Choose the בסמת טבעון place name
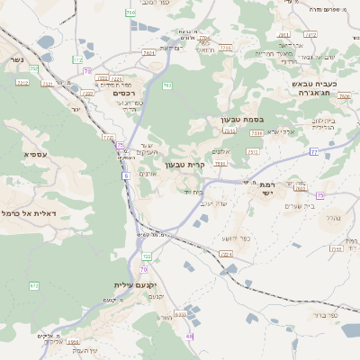pos(238,120)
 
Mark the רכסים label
pos(124,93)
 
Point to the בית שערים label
pos(298,206)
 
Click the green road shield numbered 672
pos(34,285)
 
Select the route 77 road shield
pos(314,151)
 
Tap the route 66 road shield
pos(190,336)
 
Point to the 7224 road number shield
pos(226,255)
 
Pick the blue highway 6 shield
pos(126,175)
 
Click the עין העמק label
pos(79,350)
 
